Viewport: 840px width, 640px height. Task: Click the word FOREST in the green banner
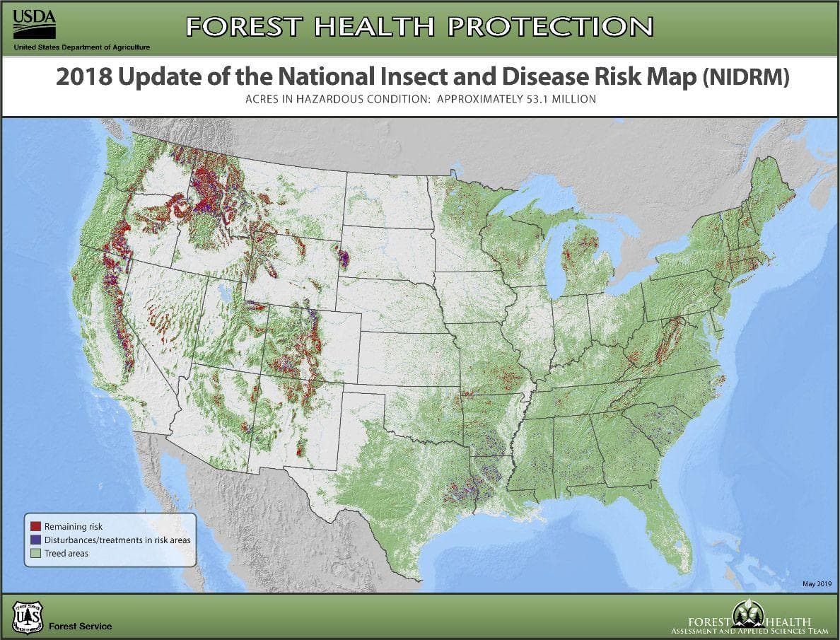pos(245,26)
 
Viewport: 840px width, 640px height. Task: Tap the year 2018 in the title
pos(84,77)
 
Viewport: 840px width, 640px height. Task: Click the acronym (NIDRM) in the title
pos(745,77)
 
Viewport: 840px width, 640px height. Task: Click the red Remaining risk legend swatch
pos(35,527)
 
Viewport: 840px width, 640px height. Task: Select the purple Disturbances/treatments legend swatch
pos(35,540)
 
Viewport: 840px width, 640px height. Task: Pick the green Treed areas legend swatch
pos(35,553)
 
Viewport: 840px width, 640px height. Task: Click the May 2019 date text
pos(818,583)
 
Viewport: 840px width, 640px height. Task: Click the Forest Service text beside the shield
pos(80,626)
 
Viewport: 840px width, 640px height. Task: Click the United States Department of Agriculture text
pos(81,47)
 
